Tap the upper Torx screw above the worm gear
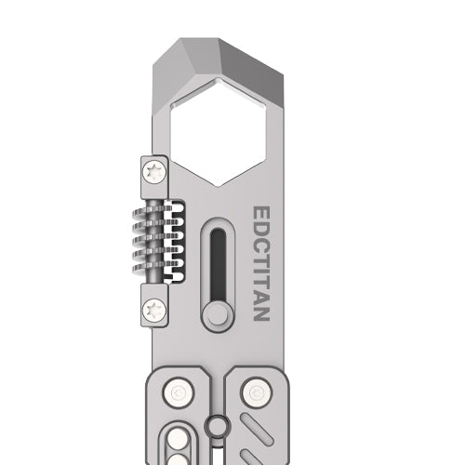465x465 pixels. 154,171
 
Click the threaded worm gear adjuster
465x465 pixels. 153,240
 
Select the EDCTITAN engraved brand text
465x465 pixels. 261,263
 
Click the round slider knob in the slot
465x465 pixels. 217,314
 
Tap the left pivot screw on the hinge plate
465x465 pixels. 176,393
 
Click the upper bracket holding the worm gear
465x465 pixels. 154,175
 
